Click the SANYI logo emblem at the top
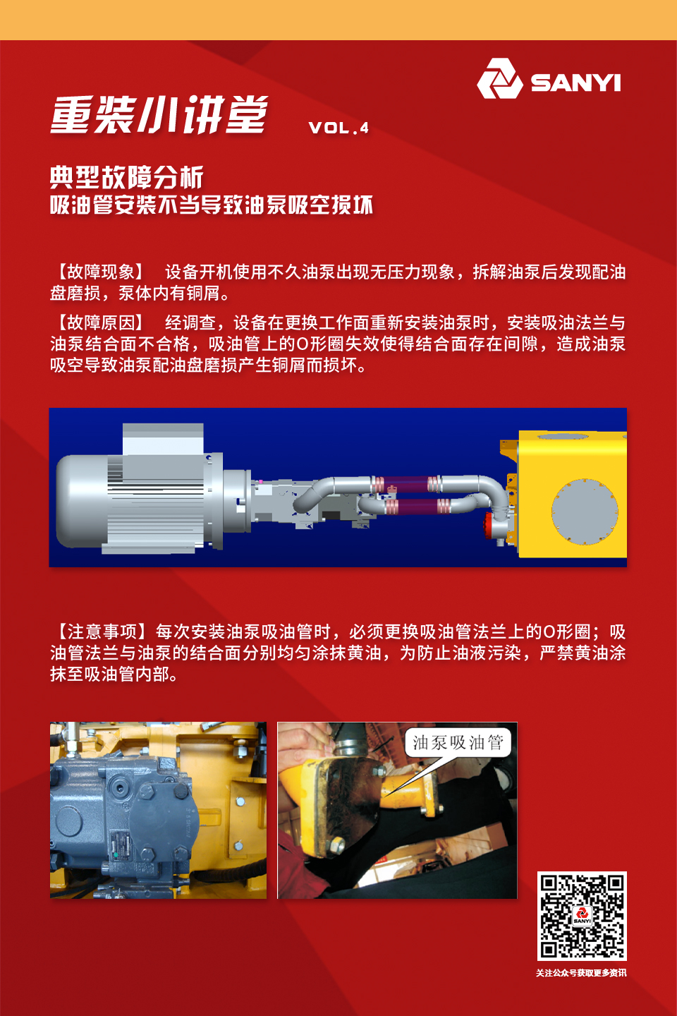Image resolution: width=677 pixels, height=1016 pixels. [x=500, y=78]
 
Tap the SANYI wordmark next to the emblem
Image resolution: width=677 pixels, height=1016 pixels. [x=576, y=83]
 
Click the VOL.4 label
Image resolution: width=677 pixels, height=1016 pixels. [x=338, y=128]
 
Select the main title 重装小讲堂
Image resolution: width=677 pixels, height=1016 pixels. [x=159, y=114]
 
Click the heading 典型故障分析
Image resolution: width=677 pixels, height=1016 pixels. [x=126, y=177]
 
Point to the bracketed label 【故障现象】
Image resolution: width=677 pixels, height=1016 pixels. [x=100, y=272]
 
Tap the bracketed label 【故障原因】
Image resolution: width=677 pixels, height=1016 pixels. [x=100, y=322]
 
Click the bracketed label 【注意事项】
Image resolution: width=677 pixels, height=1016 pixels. [x=100, y=631]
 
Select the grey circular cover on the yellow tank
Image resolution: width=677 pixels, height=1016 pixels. [x=585, y=511]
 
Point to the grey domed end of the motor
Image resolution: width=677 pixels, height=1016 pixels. [x=82, y=501]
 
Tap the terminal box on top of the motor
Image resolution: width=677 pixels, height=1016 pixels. [x=163, y=439]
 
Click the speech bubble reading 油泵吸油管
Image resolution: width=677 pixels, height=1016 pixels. [x=458, y=742]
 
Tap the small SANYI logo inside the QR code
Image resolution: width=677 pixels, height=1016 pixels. [x=582, y=916]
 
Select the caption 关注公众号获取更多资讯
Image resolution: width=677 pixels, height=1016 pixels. [x=581, y=973]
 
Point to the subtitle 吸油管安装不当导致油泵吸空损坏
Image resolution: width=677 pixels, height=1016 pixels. [x=212, y=205]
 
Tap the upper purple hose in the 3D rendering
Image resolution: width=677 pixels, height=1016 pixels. [x=406, y=484]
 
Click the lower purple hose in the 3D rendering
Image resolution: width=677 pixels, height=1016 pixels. [x=418, y=506]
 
